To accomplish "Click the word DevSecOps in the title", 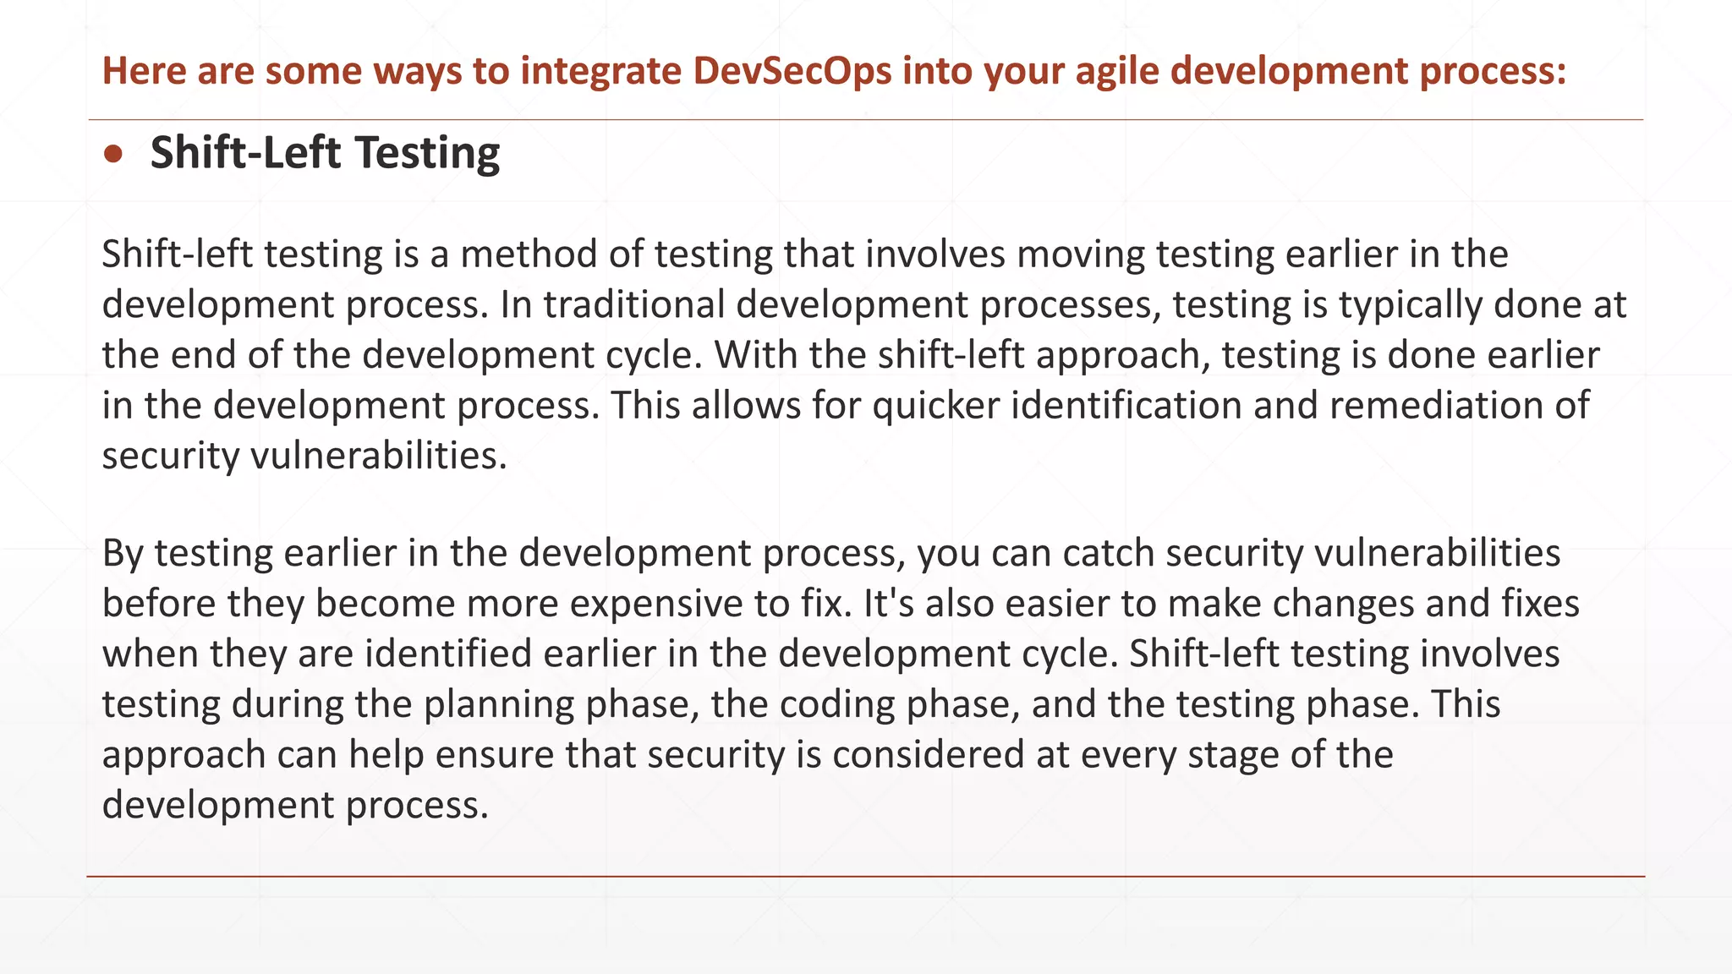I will point(792,71).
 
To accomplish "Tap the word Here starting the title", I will point(144,71).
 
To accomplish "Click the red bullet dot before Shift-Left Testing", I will point(113,154).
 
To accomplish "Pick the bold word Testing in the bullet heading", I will point(427,154).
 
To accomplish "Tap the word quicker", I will point(936,406).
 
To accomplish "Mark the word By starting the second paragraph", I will point(123,554).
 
